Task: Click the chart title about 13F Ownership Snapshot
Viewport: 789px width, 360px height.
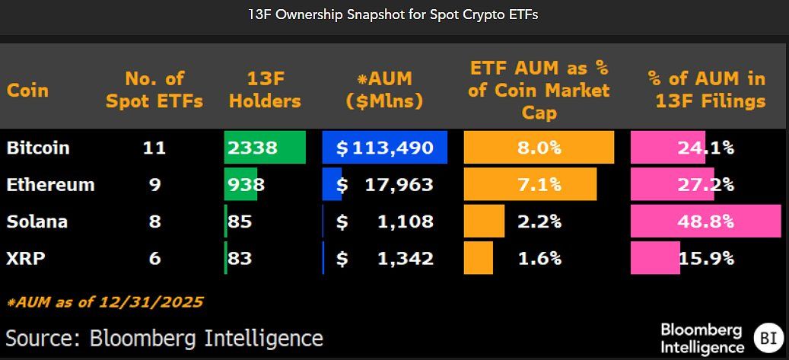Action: [x=394, y=14]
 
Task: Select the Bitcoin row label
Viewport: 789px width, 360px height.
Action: [x=38, y=148]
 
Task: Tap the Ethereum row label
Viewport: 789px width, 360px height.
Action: [x=50, y=184]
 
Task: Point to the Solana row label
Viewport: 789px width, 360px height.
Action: [x=37, y=221]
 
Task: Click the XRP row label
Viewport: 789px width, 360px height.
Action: [x=26, y=258]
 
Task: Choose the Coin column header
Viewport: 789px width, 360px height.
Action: [x=27, y=90]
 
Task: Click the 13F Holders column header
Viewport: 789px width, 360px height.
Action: [x=265, y=90]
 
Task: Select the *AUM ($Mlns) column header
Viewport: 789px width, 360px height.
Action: [x=384, y=90]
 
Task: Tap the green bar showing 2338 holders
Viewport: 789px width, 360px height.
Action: [x=264, y=148]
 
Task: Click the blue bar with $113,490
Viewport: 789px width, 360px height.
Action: [x=384, y=148]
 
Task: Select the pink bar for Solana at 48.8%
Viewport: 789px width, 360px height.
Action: [x=705, y=221]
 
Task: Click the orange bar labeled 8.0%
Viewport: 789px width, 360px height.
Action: [x=539, y=148]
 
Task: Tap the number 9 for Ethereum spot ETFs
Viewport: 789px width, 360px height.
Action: [x=154, y=184]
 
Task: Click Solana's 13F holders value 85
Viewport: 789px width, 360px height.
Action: [x=240, y=221]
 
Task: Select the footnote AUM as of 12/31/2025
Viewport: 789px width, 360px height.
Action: [x=105, y=302]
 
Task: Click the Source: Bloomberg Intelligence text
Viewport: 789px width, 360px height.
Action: [x=164, y=337]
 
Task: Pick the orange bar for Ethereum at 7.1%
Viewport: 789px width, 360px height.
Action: [x=530, y=184]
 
